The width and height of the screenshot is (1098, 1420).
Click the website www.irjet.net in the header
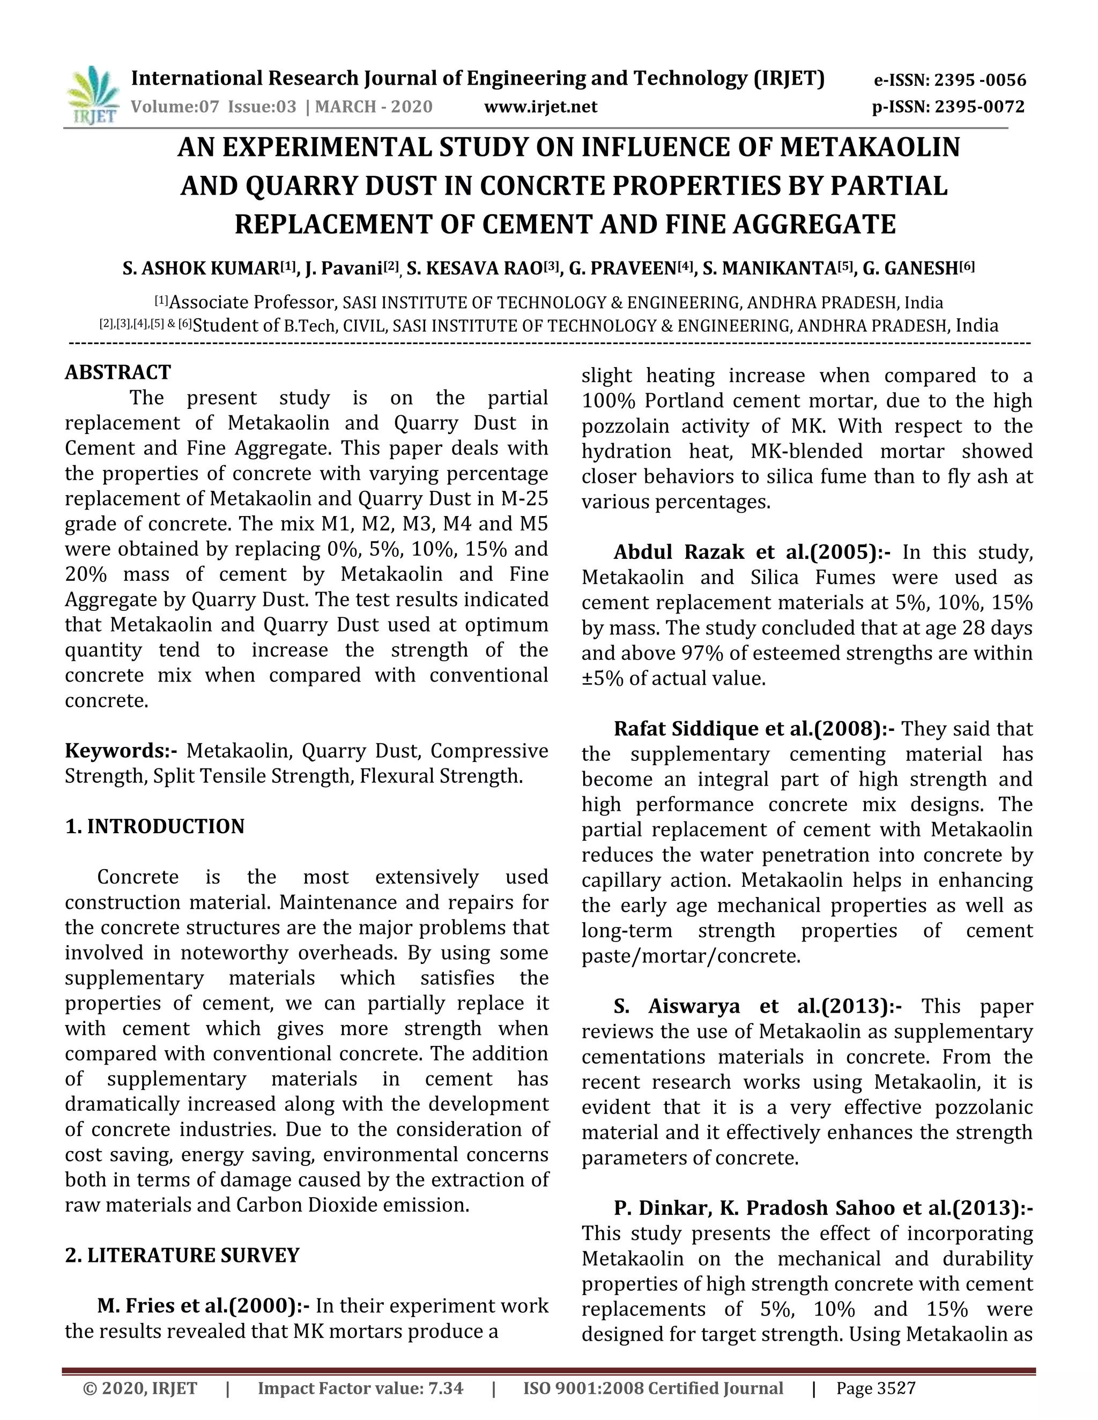point(540,107)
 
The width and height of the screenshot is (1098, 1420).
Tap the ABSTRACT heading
point(118,372)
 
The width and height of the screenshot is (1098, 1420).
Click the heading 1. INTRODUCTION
point(155,826)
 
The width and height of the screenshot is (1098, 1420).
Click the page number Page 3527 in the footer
point(876,1389)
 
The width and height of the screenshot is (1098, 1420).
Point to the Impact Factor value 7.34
point(360,1389)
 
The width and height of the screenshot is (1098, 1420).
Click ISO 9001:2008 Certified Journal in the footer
point(653,1389)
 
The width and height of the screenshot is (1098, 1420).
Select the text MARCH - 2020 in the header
point(374,107)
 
